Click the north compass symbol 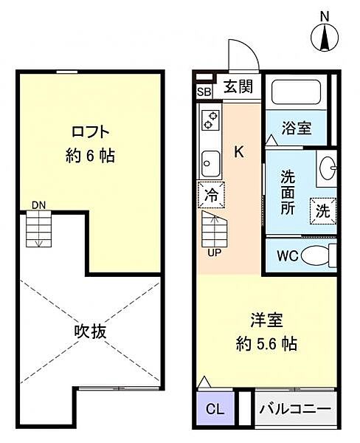(325, 37)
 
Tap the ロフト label (91, 133)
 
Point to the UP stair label (212, 252)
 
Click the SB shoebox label (204, 91)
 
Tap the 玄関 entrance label (238, 86)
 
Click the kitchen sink (210, 160)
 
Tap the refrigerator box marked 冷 (210, 196)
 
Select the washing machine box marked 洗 (322, 210)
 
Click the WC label (287, 258)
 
